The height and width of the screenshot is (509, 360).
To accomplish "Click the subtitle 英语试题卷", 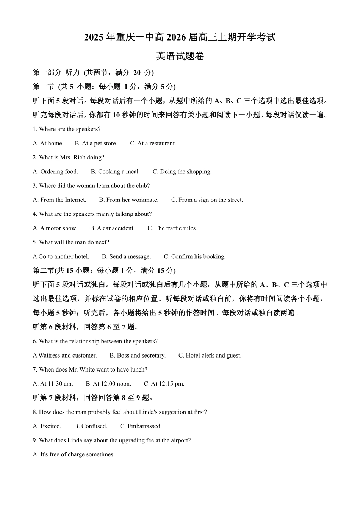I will click(180, 56).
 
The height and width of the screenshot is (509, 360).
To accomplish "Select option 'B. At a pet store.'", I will click(96, 144).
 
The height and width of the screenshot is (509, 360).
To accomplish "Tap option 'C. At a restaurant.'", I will click(153, 144).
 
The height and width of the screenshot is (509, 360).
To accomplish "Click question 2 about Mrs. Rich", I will click(68, 158).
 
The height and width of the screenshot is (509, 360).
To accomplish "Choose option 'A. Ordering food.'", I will click(55, 172).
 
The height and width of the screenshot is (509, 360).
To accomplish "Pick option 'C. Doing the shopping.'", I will click(182, 172).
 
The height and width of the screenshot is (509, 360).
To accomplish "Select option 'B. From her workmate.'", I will click(128, 200).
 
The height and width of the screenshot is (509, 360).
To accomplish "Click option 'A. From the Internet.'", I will click(59, 200).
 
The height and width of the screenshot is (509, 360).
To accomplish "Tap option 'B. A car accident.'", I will click(112, 228).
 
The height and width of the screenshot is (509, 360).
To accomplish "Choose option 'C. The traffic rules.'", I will click(172, 228).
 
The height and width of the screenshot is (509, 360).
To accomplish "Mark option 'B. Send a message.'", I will click(126, 257).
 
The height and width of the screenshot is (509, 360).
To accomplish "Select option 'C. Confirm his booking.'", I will click(194, 257).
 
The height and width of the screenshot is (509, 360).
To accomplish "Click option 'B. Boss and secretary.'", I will click(138, 356).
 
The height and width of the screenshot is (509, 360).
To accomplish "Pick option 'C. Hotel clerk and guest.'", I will click(210, 356).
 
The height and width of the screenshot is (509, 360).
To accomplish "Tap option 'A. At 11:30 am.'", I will click(53, 384).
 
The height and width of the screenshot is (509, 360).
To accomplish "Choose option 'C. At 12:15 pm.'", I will click(164, 384).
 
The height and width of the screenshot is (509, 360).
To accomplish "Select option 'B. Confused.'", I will click(91, 426).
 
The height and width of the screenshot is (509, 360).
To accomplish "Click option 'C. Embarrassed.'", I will click(141, 426).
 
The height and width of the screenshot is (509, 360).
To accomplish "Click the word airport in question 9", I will click(179, 440).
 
